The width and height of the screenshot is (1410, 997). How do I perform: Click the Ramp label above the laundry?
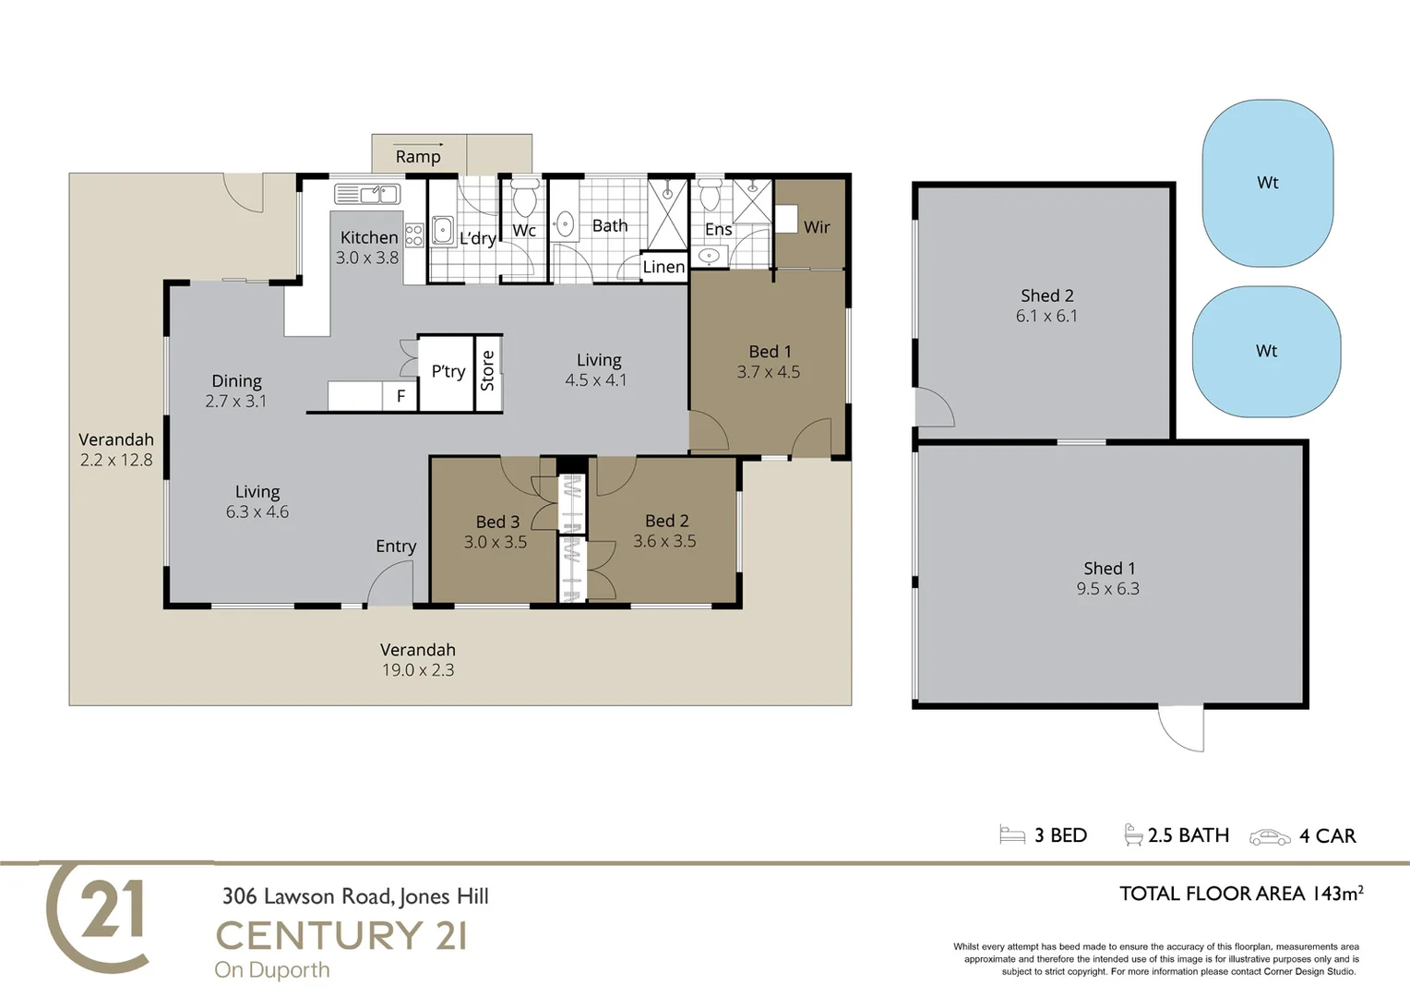[418, 156]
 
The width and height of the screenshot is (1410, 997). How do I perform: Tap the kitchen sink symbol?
[366, 194]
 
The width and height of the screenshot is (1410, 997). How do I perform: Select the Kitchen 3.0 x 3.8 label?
[368, 247]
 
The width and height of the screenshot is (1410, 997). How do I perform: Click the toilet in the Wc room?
[524, 198]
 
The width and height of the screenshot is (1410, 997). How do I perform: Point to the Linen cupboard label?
[663, 267]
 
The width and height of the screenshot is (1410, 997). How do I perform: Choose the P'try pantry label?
[448, 371]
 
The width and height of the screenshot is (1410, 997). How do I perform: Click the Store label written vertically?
[488, 371]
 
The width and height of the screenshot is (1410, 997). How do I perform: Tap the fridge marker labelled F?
[400, 396]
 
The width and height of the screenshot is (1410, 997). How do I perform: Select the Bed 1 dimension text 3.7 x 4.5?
[768, 372]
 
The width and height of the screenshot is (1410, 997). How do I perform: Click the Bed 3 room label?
[497, 522]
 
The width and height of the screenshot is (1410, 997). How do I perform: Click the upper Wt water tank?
[1267, 183]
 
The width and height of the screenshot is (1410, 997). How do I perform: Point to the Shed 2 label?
[1046, 295]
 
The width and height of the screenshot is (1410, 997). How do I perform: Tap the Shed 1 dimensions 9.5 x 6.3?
[1107, 589]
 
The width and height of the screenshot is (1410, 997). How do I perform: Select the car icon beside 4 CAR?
[1270, 836]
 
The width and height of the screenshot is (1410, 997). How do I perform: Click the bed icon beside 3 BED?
[1012, 835]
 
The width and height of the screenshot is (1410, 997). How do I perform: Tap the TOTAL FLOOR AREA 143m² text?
[1240, 894]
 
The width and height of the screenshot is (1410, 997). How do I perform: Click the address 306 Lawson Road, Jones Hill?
[355, 896]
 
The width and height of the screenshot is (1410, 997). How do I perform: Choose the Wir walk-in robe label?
[817, 227]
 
